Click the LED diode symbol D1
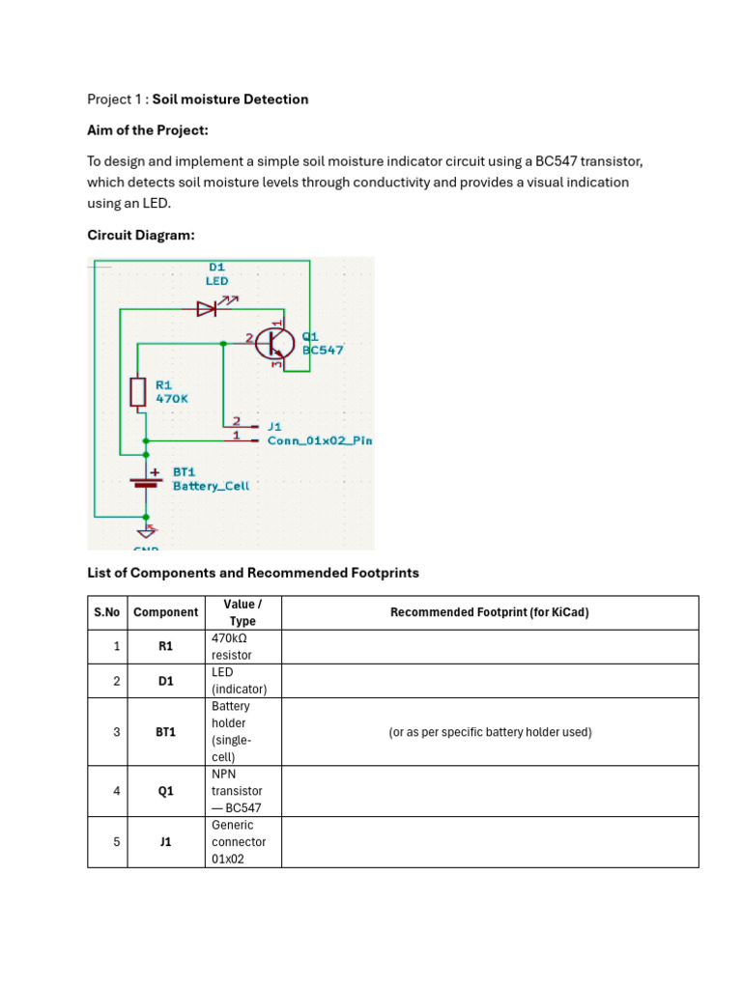(207, 308)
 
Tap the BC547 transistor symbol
(274, 343)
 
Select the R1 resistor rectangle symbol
(137, 392)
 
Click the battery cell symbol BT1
(146, 482)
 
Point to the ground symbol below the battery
(147, 530)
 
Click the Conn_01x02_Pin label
(320, 440)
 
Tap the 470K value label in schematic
(172, 399)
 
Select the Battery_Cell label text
(211, 486)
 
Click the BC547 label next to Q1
(323, 350)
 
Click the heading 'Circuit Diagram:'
(141, 236)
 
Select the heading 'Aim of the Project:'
(148, 130)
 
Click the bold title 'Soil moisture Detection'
(230, 99)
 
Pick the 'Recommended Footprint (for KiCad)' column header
(490, 612)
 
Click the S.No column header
(106, 612)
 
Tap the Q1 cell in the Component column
(166, 791)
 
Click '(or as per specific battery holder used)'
(490, 732)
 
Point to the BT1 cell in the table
(166, 732)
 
